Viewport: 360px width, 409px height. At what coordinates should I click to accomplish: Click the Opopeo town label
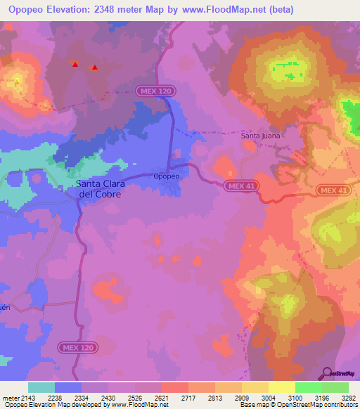pos(165,176)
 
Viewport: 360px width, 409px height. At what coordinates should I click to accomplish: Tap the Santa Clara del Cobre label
pos(99,189)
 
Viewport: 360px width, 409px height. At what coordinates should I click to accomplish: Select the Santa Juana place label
pos(260,135)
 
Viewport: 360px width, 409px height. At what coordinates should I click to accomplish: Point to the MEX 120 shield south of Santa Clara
pos(77,347)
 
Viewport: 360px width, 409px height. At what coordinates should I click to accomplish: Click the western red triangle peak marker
pos(75,64)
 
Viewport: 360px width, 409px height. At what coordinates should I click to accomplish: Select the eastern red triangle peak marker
pos(94,67)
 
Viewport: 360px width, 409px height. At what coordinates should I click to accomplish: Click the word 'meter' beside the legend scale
pos(11,398)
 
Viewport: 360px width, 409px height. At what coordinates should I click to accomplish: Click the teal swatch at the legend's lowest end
pos(41,387)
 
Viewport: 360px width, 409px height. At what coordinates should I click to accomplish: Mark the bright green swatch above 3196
pos(308,387)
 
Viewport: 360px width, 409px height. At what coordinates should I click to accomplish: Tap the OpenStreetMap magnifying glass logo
pos(327,372)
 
